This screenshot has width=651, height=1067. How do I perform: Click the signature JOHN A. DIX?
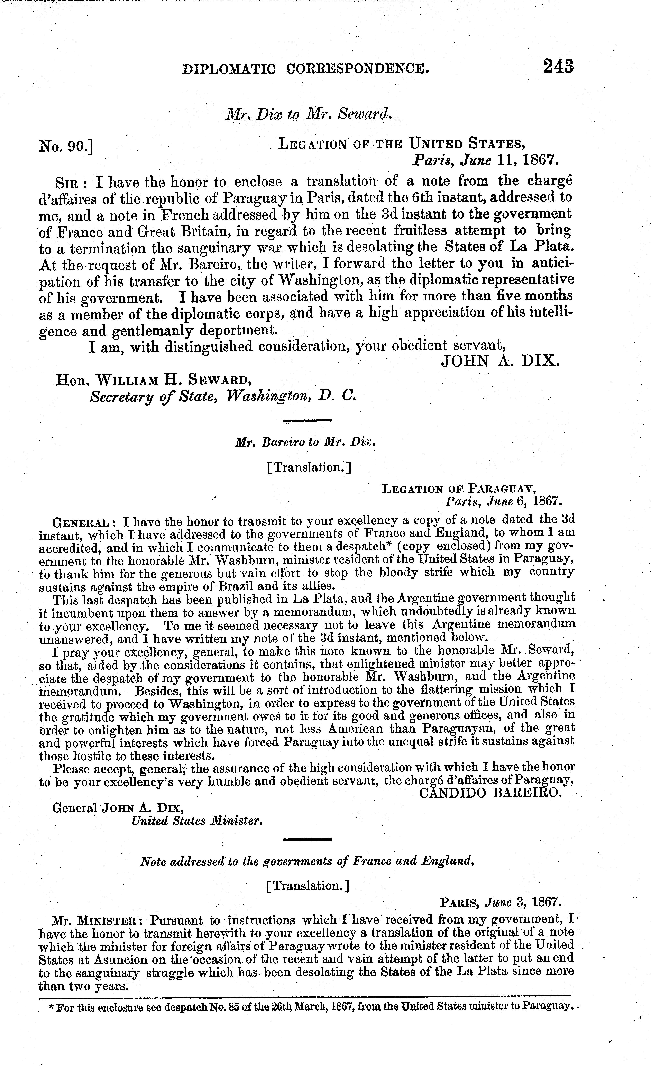pos(500,360)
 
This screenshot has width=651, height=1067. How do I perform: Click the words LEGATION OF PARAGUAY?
pos(459,489)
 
